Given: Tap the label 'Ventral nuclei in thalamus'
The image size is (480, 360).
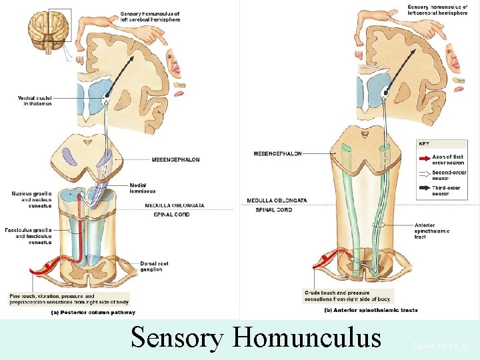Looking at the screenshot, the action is point(34,101).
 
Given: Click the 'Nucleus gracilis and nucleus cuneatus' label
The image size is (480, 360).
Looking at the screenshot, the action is point(31,199).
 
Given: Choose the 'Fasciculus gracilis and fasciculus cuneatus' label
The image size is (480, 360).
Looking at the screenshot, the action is point(31,237).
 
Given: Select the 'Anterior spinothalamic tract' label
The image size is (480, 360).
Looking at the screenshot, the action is point(431,231).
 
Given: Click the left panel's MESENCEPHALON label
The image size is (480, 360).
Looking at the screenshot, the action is point(175,160).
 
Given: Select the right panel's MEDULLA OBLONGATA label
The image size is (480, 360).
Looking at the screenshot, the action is point(277,200).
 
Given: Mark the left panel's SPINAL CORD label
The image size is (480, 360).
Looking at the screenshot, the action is point(171,214).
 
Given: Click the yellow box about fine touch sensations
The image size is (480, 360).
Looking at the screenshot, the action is point(69,299).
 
